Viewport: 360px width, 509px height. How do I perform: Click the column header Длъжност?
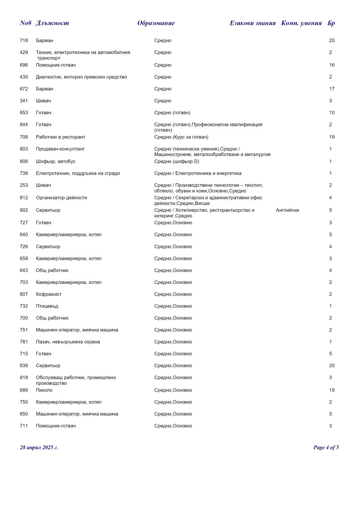(x=52, y=23)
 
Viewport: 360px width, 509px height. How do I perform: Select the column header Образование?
(x=156, y=23)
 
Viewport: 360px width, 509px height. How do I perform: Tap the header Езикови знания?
(x=252, y=23)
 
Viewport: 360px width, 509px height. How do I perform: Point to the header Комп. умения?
(x=301, y=23)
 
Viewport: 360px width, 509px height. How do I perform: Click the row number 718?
(x=24, y=41)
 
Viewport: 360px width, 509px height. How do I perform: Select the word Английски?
(x=287, y=210)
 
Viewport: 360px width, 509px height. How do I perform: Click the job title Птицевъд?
(x=47, y=306)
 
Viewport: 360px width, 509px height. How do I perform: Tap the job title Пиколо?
(x=44, y=390)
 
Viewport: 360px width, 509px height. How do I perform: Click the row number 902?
(x=24, y=210)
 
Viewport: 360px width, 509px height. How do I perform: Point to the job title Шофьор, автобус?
(x=55, y=161)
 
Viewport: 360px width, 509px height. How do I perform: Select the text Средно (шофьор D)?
(x=177, y=161)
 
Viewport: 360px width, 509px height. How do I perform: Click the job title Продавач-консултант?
(x=60, y=149)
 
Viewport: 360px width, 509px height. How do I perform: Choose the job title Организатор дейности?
(x=62, y=198)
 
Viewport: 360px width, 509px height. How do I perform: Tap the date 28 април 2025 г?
(x=39, y=447)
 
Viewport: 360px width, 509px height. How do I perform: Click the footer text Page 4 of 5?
(x=326, y=447)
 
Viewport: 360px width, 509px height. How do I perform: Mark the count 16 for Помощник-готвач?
(x=332, y=65)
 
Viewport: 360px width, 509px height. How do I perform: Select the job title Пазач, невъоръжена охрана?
(x=68, y=342)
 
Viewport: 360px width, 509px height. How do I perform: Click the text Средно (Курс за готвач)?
(x=181, y=137)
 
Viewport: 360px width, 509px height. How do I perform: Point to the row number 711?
(x=24, y=426)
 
